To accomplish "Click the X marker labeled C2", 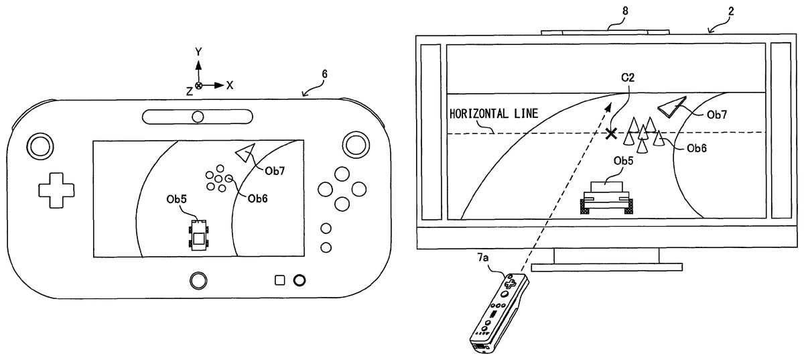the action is (x=611, y=133).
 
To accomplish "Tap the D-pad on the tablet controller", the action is (x=56, y=190).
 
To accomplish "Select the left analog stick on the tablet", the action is (x=40, y=147).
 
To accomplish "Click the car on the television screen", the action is (x=606, y=198).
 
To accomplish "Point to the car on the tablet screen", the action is (x=198, y=235).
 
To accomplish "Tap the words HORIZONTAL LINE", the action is (x=494, y=114).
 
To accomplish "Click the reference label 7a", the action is (x=483, y=258).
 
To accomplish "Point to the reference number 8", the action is (x=625, y=11).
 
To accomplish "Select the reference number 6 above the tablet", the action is (x=324, y=74).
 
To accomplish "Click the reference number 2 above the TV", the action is (x=731, y=11).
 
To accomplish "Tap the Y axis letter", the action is (x=198, y=52).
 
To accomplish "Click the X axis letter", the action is (x=230, y=86).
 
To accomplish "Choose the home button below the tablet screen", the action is (x=198, y=280).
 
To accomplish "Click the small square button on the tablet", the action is (x=279, y=280).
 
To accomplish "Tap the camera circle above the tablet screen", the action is (x=198, y=117).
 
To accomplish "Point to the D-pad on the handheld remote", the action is (x=510, y=284).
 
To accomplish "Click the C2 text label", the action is (x=628, y=77).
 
